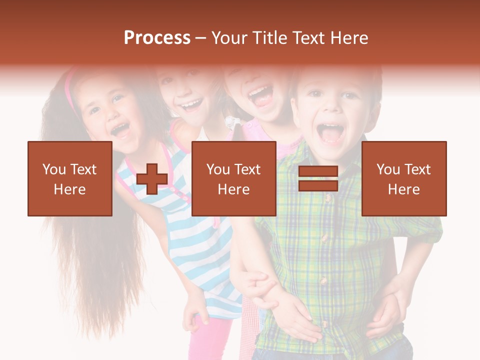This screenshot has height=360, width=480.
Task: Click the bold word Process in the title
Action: point(157,38)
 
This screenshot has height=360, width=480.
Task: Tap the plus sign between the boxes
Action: point(152,179)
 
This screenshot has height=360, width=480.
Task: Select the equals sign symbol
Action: point(318,179)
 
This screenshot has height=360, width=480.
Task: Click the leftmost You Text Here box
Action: point(70,178)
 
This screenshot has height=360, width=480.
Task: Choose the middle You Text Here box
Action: point(233,178)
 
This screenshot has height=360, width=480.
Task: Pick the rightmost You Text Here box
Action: point(404,178)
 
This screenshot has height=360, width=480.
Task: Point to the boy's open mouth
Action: point(330,133)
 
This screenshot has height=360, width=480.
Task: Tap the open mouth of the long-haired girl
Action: point(120,130)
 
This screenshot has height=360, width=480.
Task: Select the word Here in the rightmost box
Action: point(404,189)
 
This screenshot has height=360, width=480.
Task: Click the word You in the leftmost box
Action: point(53,169)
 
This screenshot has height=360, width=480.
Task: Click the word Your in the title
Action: point(231,38)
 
